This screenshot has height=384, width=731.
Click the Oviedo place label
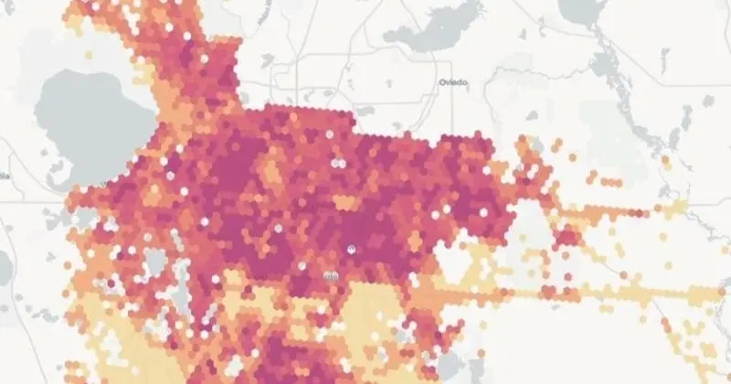pos(452,81)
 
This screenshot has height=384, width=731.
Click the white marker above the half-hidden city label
pos(353,249)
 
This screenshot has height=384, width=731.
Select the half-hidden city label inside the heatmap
pos(330,273)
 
